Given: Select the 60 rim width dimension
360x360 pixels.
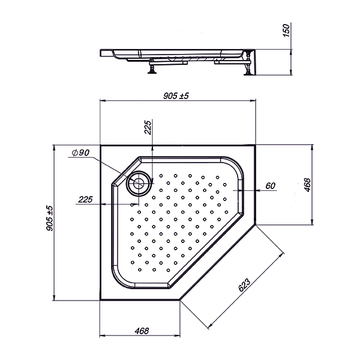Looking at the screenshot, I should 269,185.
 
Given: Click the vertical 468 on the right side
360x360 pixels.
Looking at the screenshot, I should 307,185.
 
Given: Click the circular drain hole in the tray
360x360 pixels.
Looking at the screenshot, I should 140,182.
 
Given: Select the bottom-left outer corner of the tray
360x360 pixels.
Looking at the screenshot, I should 100,299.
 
